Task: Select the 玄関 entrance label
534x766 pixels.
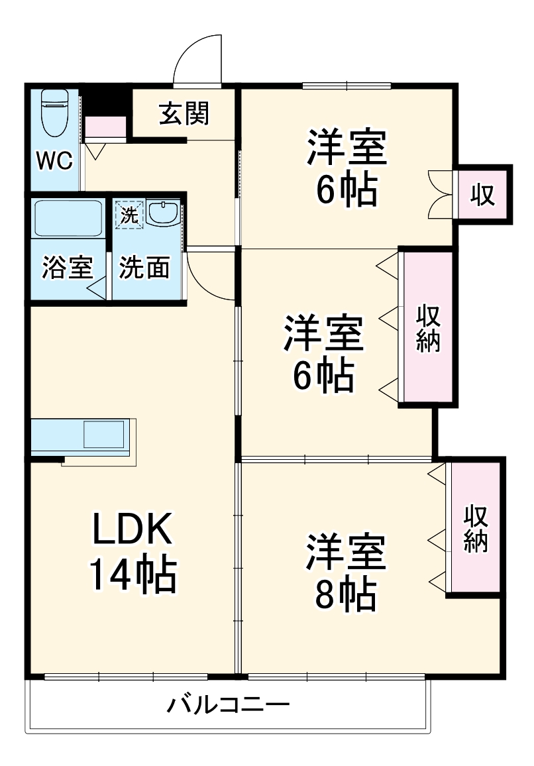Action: (184, 114)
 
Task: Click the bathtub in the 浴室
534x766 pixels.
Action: (67, 219)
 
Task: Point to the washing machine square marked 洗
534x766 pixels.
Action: (129, 215)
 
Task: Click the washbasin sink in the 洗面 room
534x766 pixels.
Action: (162, 213)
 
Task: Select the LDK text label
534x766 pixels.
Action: (133, 529)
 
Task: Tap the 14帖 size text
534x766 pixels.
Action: (133, 574)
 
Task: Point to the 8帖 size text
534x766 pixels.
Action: (345, 596)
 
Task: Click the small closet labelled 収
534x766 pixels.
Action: (483, 194)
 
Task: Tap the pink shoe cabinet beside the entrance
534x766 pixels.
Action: (105, 127)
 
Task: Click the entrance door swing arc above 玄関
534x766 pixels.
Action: (197, 60)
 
